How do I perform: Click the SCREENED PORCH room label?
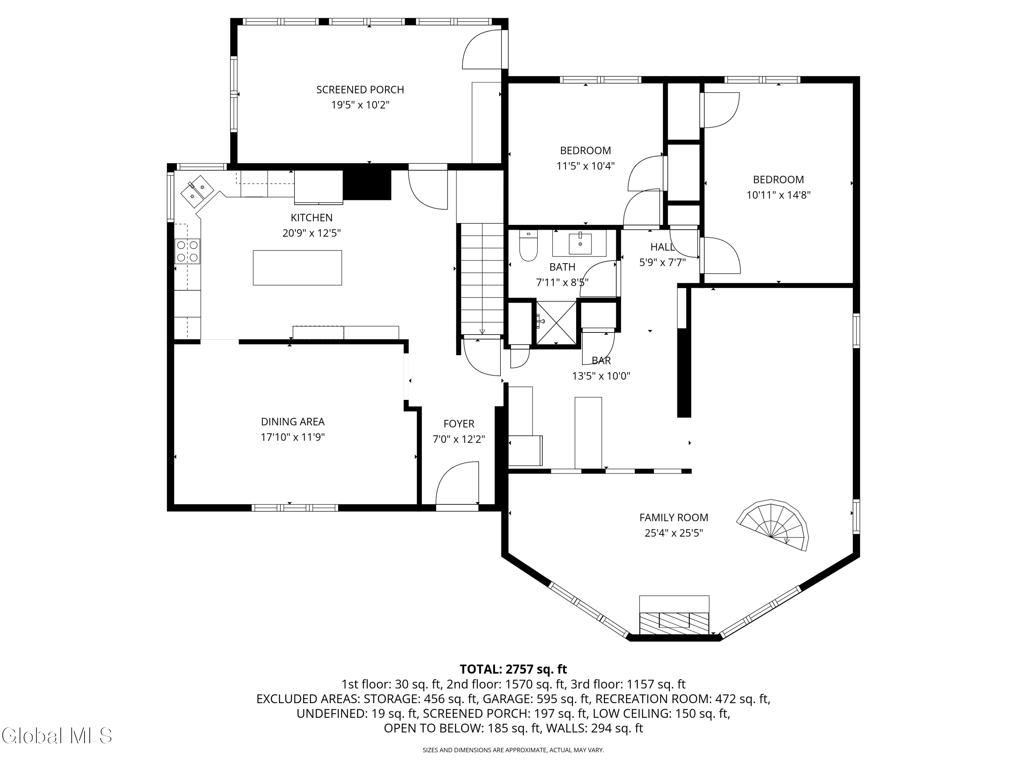point(360,90)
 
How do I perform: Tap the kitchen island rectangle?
point(297,268)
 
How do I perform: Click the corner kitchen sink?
point(197,191)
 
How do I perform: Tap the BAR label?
point(601,360)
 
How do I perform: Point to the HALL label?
point(662,247)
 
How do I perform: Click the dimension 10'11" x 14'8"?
point(778,195)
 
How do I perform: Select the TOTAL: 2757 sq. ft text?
point(513,669)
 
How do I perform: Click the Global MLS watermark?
point(56,736)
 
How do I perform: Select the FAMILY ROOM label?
point(673,517)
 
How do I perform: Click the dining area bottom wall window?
point(294,507)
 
